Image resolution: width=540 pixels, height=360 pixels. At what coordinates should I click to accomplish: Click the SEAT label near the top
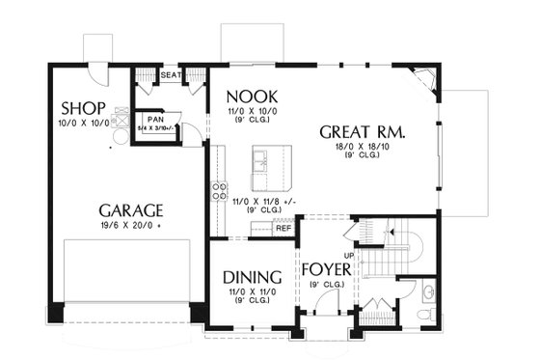click(x=172, y=74)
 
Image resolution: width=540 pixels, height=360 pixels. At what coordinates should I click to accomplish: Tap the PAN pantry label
click(x=156, y=119)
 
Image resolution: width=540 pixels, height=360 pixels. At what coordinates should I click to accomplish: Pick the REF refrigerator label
click(x=283, y=228)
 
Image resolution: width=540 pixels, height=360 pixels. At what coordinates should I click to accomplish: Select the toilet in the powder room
click(x=428, y=292)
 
